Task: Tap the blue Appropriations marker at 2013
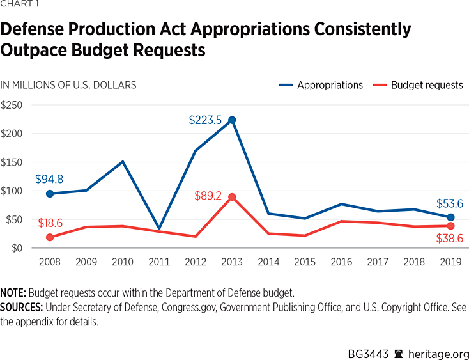[x=232, y=120]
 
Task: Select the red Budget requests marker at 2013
[x=232, y=197]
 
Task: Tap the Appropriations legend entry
[x=320, y=85]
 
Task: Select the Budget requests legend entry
[x=418, y=85]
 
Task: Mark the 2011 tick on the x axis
[x=158, y=262]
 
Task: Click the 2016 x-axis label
[x=341, y=262]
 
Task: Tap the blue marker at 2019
[x=450, y=217]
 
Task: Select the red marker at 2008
[x=49, y=237]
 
